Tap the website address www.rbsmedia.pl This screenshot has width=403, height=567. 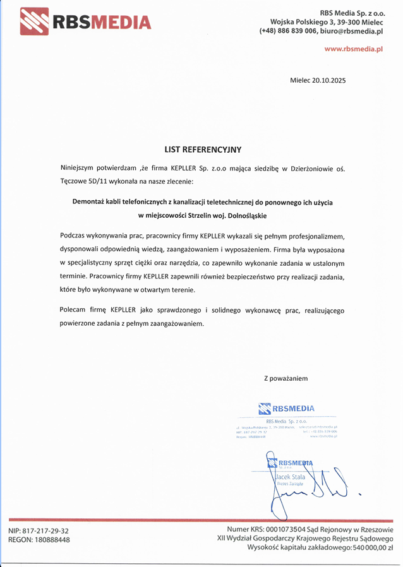point(354,49)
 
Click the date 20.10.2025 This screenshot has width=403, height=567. point(328,81)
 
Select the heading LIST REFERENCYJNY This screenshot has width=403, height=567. point(203,150)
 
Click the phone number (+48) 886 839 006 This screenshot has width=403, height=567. point(288,31)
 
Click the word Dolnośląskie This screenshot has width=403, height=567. point(244,216)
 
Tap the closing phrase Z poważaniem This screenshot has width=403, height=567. point(286,378)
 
